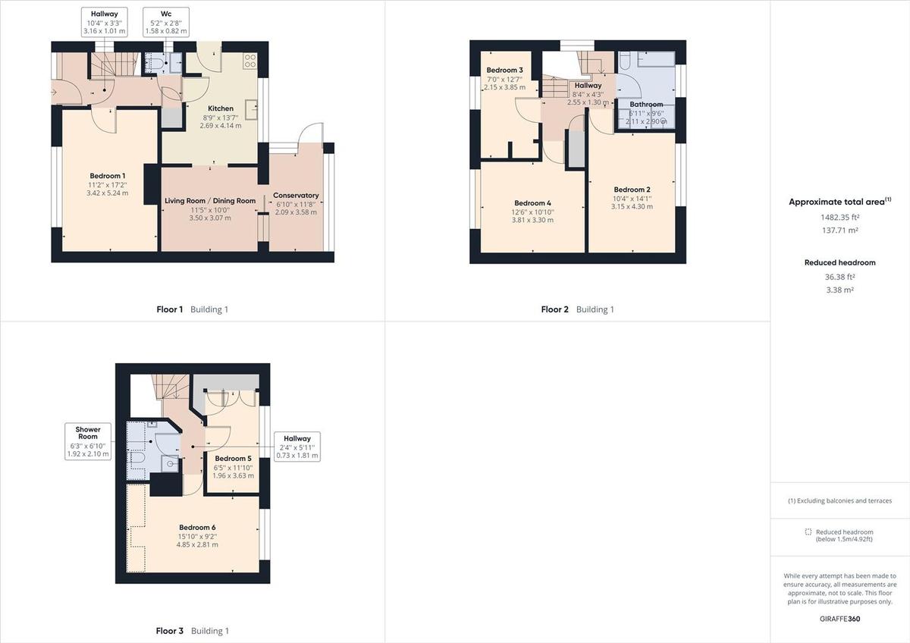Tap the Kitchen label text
coord(221,109)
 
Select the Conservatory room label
coord(296,196)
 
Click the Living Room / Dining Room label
coord(210,201)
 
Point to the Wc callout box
coord(166,23)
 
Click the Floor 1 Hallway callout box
coord(105,23)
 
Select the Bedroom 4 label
coord(533,203)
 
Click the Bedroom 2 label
coord(632,190)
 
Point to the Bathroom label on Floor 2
coord(646,105)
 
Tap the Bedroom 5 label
coord(233,459)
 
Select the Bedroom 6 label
coord(197,528)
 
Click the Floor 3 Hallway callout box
coord(297,447)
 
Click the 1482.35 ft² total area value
coord(839,217)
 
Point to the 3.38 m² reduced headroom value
coord(839,290)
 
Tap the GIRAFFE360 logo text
coord(839,619)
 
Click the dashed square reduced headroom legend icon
coord(808,532)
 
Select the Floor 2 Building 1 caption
coord(577,309)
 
